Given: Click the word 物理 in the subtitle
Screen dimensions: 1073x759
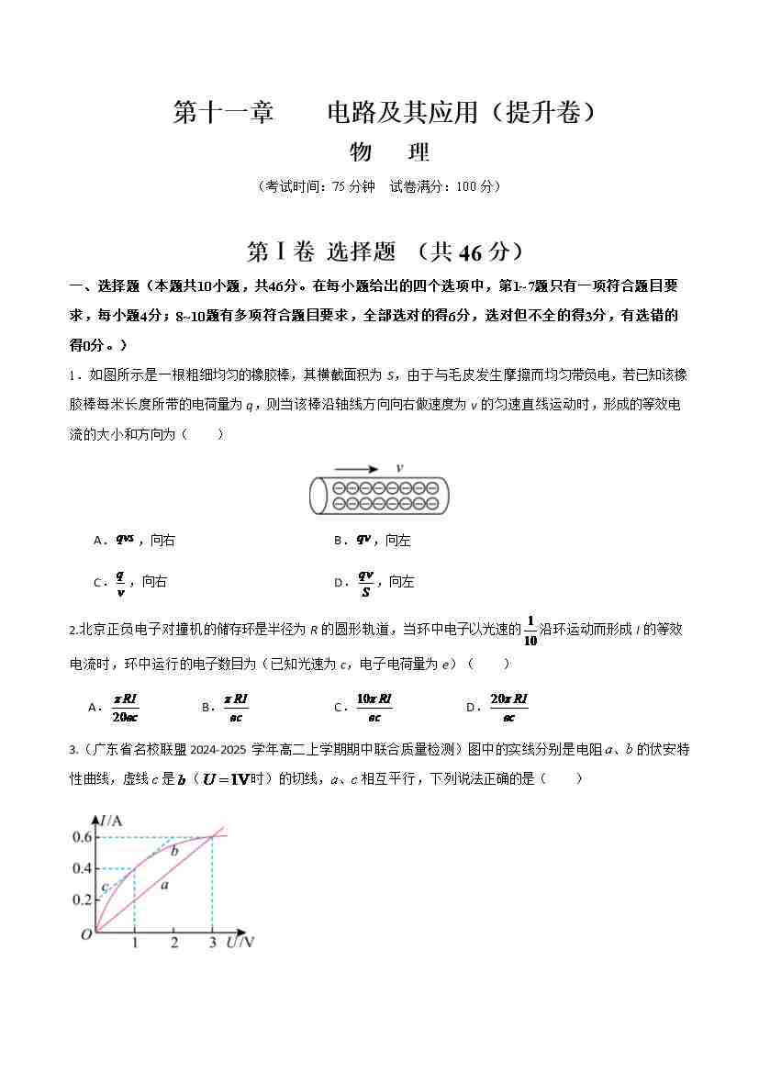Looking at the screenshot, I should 389,152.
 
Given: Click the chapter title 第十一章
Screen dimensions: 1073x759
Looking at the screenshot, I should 223,112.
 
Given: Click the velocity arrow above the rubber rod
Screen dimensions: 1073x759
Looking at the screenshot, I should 356,468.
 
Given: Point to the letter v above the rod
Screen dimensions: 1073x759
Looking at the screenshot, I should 399,467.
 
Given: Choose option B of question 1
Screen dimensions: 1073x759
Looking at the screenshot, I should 373,540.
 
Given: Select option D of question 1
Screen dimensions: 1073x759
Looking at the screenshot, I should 374,581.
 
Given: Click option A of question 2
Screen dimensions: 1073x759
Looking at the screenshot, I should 114,706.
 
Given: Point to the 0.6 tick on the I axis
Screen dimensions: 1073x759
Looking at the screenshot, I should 83,836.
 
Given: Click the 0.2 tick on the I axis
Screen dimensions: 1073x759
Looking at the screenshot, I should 83,900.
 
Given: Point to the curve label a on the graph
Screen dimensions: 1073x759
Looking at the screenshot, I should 164,885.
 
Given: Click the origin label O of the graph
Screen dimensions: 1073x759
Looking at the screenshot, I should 86,934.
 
